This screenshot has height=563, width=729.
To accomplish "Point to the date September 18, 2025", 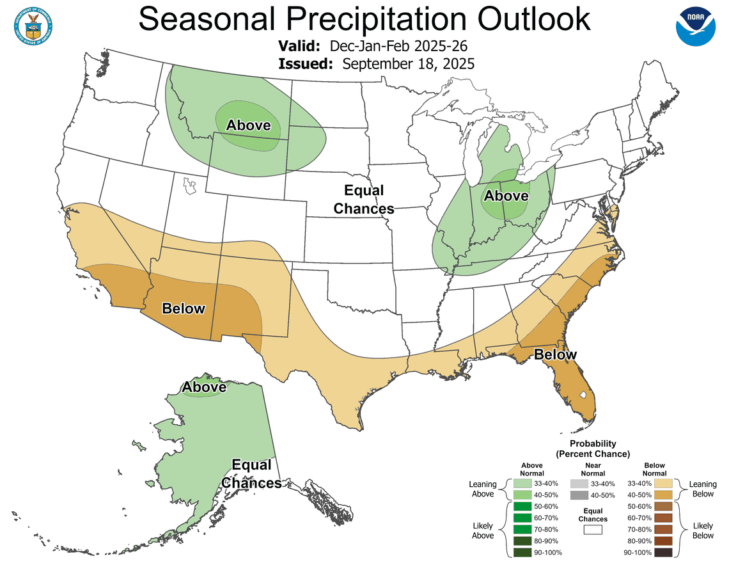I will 408,63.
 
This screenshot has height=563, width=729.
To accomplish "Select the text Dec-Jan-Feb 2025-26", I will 399,46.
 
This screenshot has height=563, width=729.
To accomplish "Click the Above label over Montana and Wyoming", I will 248,125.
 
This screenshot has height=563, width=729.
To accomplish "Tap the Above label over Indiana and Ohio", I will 506,196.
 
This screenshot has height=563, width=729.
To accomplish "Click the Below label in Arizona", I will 184,309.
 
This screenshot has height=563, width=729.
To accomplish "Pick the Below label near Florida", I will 555,354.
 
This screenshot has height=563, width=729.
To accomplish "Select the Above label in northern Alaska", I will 204,387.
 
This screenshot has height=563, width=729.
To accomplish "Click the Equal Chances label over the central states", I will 364,200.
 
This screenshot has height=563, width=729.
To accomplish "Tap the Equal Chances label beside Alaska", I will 251,474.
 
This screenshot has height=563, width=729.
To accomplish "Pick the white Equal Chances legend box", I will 593,530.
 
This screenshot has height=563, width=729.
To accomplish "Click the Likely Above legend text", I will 483,530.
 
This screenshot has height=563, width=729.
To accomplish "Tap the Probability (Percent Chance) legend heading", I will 593,448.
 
